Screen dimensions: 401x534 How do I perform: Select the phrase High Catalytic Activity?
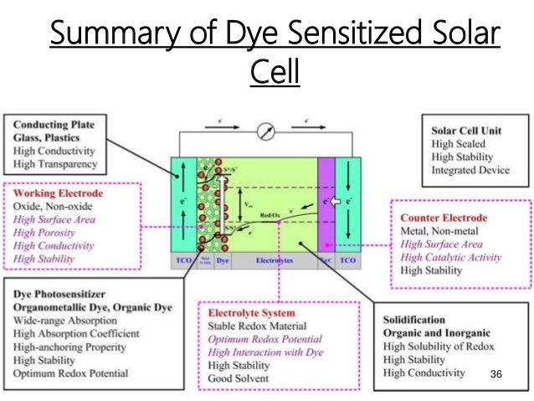tap(452, 257)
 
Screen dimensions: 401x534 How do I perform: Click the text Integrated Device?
tap(470, 170)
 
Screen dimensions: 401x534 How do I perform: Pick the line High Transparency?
tap(55, 165)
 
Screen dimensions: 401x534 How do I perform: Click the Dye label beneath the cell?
tap(223, 261)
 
